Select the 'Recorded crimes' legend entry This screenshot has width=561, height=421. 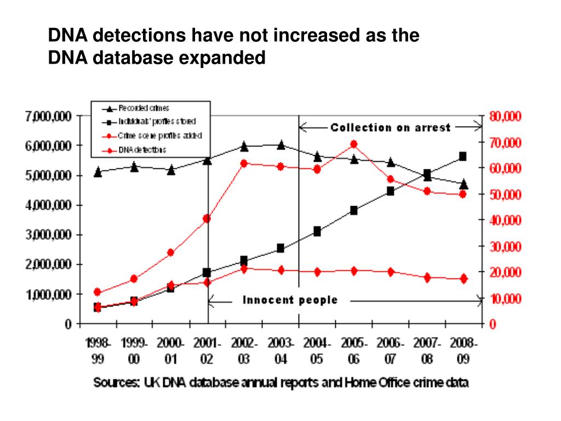(x=144, y=109)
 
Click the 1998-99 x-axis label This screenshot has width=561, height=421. (x=99, y=351)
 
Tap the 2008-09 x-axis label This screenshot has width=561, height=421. (x=463, y=351)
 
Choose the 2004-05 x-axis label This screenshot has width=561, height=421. (x=317, y=351)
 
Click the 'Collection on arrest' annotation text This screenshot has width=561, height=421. (x=390, y=128)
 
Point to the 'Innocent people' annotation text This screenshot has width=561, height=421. (x=290, y=300)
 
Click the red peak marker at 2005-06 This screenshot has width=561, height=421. (x=354, y=144)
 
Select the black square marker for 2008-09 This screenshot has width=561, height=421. (x=463, y=156)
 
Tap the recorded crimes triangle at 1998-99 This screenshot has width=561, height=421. (x=98, y=172)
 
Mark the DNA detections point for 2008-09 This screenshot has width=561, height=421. (x=463, y=278)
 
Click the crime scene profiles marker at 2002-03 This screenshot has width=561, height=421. (x=244, y=163)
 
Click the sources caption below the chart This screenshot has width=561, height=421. (x=281, y=383)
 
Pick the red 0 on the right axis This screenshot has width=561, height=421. (x=493, y=325)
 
